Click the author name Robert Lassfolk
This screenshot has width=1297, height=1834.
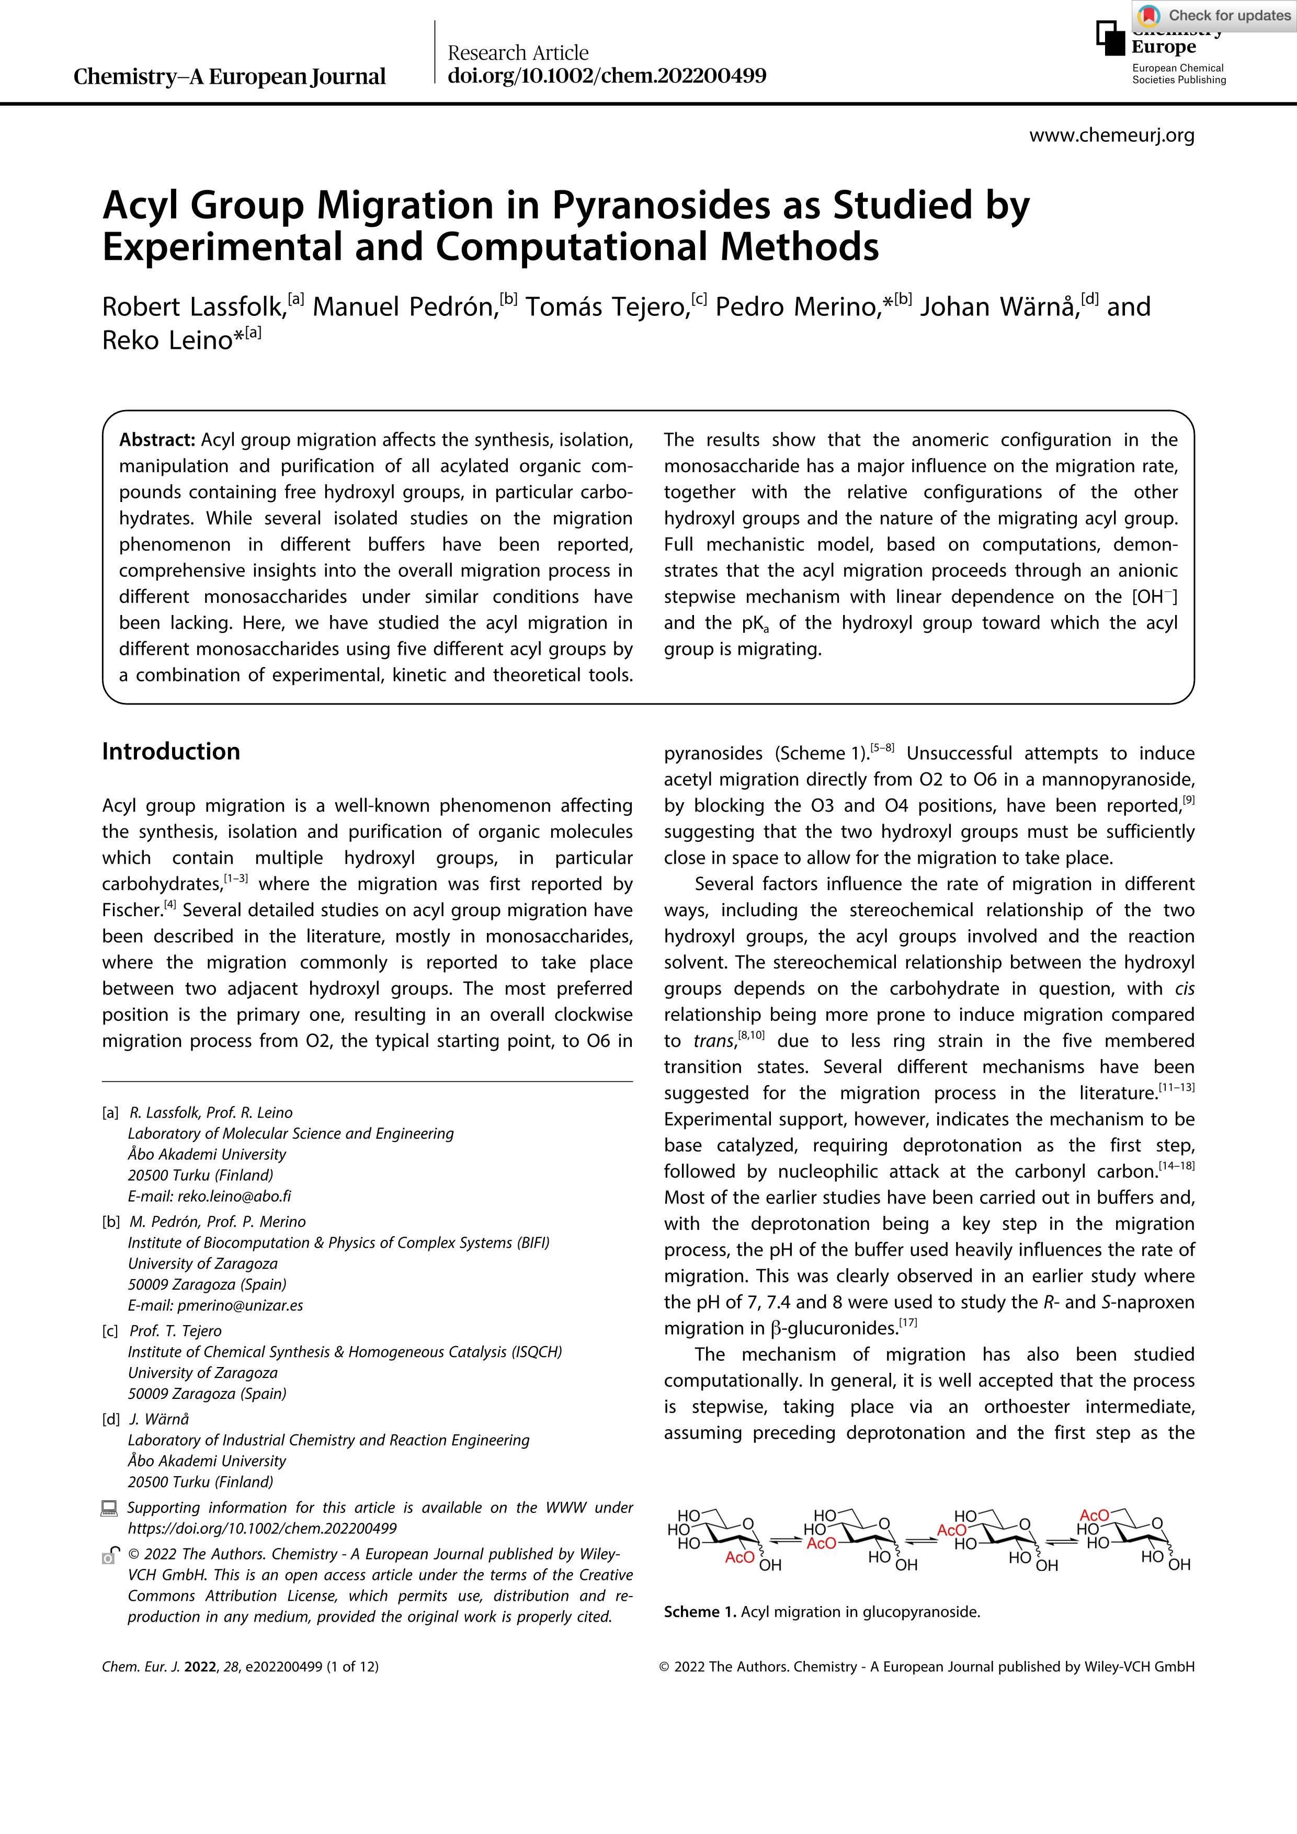[194, 307]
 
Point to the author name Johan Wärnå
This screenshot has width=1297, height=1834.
[998, 307]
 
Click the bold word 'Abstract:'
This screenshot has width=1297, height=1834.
[157, 440]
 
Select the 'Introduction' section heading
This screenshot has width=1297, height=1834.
[171, 751]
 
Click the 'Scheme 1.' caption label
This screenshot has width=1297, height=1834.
[700, 1612]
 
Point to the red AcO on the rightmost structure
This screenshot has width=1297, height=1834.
[1094, 1516]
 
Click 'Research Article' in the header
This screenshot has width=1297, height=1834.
[518, 53]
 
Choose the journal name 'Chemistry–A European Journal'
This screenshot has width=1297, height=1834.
[229, 77]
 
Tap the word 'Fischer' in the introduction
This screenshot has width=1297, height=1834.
[131, 910]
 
